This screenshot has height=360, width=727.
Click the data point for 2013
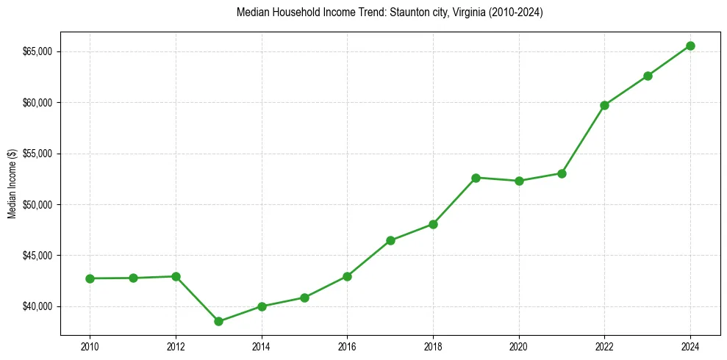(218, 321)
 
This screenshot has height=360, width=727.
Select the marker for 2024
(690, 46)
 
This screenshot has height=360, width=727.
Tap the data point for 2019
(476, 178)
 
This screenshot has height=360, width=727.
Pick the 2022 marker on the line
(604, 105)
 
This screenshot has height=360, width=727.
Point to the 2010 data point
(90, 278)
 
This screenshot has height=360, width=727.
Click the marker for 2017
(390, 240)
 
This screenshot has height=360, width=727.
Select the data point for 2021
(562, 173)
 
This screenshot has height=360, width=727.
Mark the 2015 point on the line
(304, 298)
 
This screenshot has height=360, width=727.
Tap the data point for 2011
(133, 278)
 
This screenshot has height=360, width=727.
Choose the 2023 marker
(648, 76)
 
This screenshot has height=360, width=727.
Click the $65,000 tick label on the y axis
(37, 51)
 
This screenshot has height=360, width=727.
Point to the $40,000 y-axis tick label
(37, 306)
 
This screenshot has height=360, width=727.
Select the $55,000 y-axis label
(37, 154)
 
